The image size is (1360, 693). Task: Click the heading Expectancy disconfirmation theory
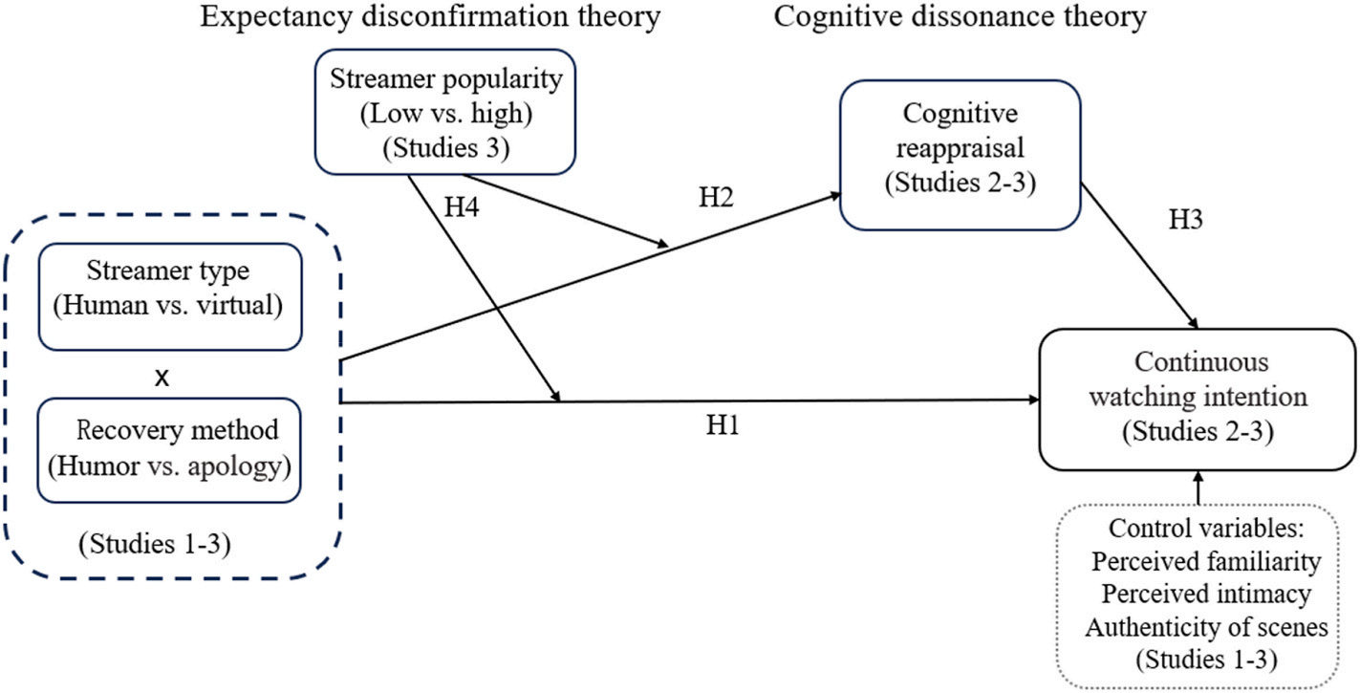[x=430, y=17]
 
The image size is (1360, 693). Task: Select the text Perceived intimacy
[x=1205, y=594]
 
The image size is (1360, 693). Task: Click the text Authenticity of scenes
[x=1205, y=627]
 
